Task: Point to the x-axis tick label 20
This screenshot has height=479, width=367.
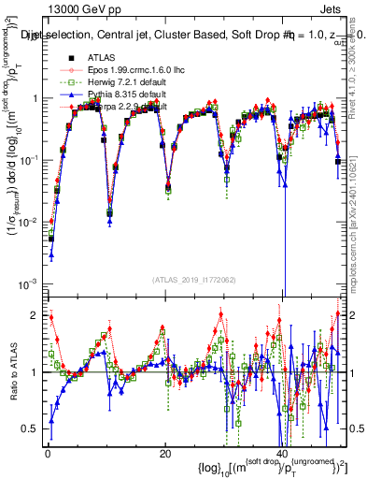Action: pos(165,453)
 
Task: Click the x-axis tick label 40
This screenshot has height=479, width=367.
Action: pos(283,453)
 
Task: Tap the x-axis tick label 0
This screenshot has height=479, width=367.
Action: pos(48,453)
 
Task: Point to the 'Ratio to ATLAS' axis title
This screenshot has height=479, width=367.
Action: pos(12,371)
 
